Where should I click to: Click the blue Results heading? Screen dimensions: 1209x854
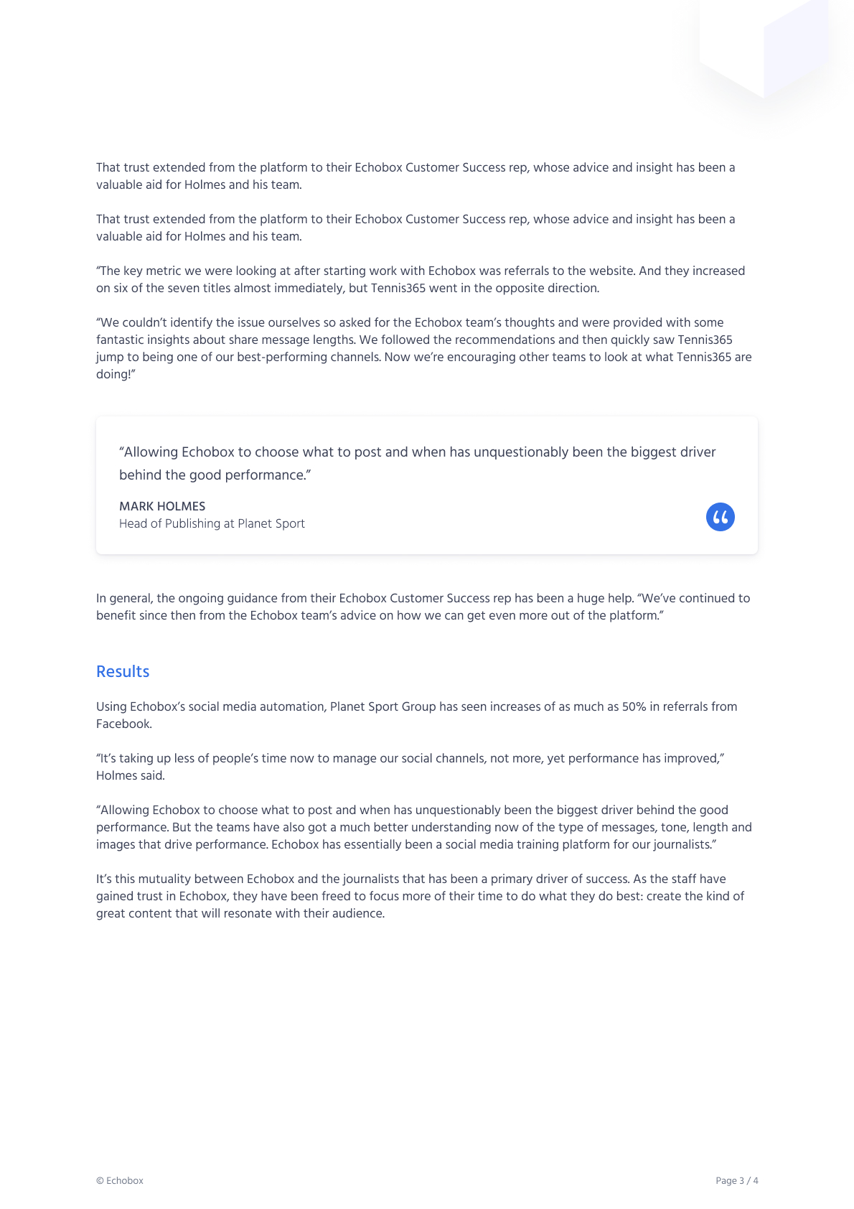pyautogui.click(x=123, y=671)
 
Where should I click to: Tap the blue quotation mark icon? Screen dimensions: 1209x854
pyautogui.click(x=720, y=517)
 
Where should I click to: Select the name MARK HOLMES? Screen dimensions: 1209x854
pyautogui.click(x=162, y=506)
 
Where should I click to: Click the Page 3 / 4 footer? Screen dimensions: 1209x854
pyautogui.click(x=736, y=1180)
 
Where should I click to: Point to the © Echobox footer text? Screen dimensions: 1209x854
pyautogui.click(x=120, y=1180)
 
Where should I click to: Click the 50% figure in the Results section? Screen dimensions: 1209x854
pyautogui.click(x=634, y=706)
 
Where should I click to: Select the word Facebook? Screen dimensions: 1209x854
pyautogui.click(x=123, y=724)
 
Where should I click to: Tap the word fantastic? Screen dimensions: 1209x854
pyautogui.click(x=121, y=340)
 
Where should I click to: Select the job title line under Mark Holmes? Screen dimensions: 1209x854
pyautogui.click(x=212, y=523)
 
